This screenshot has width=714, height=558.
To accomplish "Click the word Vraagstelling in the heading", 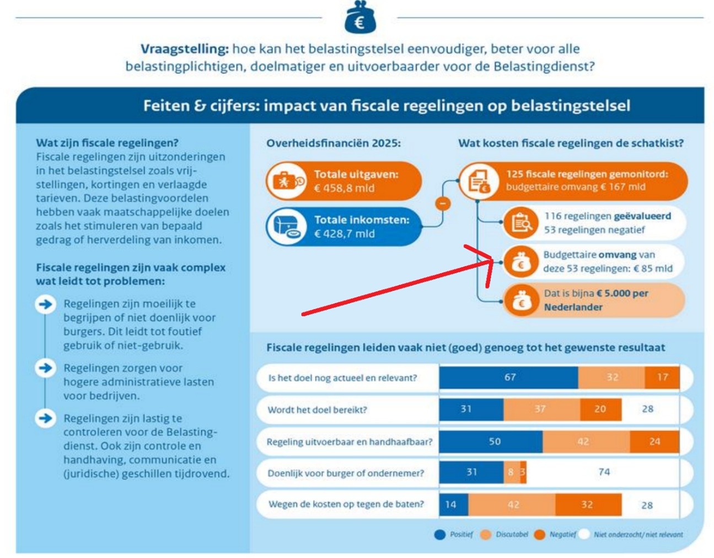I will click(184, 49).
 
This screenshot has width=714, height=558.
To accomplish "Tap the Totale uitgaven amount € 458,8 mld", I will click(344, 188).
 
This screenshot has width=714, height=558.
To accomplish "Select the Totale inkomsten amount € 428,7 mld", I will click(344, 234).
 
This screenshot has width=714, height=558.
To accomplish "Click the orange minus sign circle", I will click(442, 203).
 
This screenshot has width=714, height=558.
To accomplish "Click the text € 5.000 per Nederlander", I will click(595, 300).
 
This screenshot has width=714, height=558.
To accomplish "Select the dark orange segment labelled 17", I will click(662, 377).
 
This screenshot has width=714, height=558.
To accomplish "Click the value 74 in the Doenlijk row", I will click(604, 472).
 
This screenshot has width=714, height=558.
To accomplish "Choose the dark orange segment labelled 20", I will click(600, 409).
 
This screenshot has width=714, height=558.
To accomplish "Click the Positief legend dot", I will click(439, 534).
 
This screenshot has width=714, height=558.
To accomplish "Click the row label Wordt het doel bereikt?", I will click(317, 410).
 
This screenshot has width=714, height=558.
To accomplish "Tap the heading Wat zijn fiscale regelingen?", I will click(107, 143).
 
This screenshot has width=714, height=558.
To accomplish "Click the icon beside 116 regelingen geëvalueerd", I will click(520, 223).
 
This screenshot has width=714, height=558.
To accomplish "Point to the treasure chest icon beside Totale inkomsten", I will click(285, 227).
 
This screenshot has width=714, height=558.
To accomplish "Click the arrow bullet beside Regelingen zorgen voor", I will click(46, 368).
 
